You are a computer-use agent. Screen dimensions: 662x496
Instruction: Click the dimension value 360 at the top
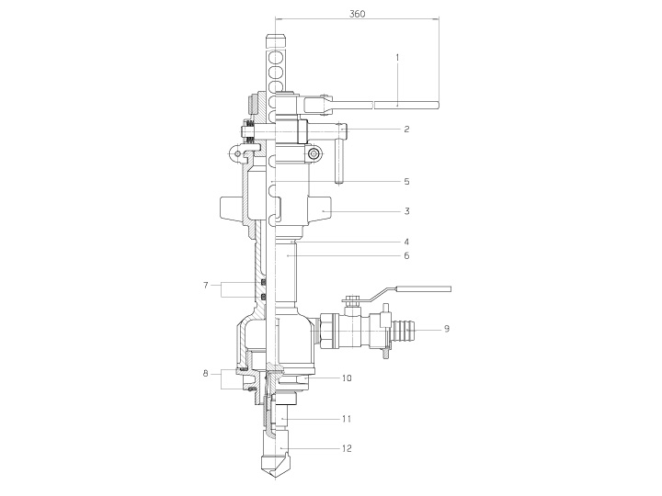[357, 14]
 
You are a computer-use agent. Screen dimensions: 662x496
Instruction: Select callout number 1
[397, 57]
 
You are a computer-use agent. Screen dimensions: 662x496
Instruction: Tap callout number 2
[406, 130]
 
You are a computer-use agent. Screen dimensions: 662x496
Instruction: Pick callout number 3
[406, 211]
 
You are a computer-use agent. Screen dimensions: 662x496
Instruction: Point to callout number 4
[406, 242]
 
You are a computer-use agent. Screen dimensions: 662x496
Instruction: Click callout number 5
[406, 182]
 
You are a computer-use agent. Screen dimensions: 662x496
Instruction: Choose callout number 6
[406, 255]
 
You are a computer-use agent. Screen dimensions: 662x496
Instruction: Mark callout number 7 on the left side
[206, 286]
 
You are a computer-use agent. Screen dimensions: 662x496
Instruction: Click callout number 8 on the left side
[206, 373]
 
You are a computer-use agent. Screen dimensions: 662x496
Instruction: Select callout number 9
[447, 329]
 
